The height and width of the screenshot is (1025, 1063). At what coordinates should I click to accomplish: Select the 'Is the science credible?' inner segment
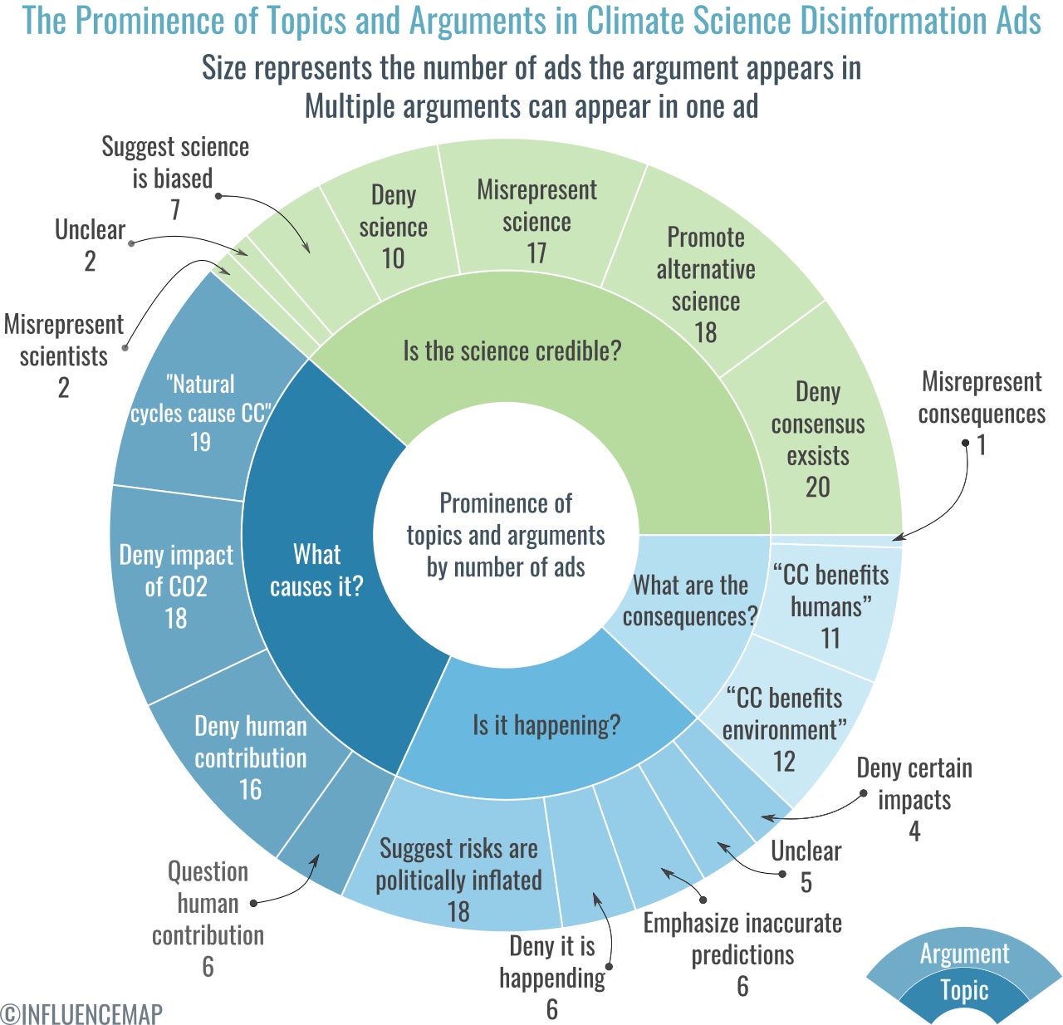coord(512,351)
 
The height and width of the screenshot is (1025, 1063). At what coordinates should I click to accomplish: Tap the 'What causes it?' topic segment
coord(316,570)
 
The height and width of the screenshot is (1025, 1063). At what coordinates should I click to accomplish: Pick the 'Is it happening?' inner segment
coord(546,725)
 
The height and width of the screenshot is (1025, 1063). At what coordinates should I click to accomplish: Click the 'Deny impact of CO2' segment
coord(176,586)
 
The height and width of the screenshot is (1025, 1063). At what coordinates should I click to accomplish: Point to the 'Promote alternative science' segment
coord(706,284)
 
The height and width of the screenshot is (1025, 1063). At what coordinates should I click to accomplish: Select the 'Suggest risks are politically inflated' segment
coord(458,879)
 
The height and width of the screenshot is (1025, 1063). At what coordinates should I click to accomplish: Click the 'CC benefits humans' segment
coord(830,606)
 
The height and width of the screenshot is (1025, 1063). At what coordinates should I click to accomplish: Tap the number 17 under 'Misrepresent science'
coord(536,253)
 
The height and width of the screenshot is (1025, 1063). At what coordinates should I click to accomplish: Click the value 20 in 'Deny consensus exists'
coord(818,487)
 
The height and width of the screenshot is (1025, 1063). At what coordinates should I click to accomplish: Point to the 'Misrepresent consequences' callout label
coord(982,398)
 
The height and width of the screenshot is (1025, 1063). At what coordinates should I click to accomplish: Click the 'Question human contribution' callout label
coord(208,903)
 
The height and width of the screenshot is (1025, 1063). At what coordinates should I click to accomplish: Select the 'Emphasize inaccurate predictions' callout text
coord(742,939)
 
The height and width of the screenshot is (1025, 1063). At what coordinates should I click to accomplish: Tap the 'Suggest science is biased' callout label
coord(174,163)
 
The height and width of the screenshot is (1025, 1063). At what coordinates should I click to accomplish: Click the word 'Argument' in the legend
coord(964,954)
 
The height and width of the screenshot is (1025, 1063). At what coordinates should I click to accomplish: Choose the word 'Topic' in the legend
coord(964,990)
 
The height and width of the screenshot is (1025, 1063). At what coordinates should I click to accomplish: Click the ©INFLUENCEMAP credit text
coord(82,1013)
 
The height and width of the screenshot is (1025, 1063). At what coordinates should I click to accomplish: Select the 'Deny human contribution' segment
coord(250,757)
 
